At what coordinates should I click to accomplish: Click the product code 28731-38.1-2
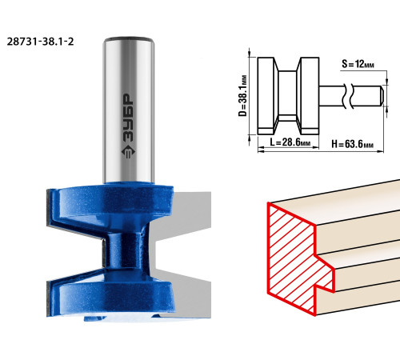pyautogui.click(x=40, y=42)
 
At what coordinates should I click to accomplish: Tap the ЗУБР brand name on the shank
pyautogui.click(x=129, y=118)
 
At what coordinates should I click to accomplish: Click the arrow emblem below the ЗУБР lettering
pyautogui.click(x=129, y=152)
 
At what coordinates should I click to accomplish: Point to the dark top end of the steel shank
pyautogui.click(x=129, y=39)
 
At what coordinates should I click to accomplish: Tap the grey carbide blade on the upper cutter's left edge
pyautogui.click(x=49, y=207)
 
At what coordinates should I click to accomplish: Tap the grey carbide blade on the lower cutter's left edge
pyautogui.click(x=48, y=298)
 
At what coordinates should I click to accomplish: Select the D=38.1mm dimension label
pyautogui.click(x=242, y=96)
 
